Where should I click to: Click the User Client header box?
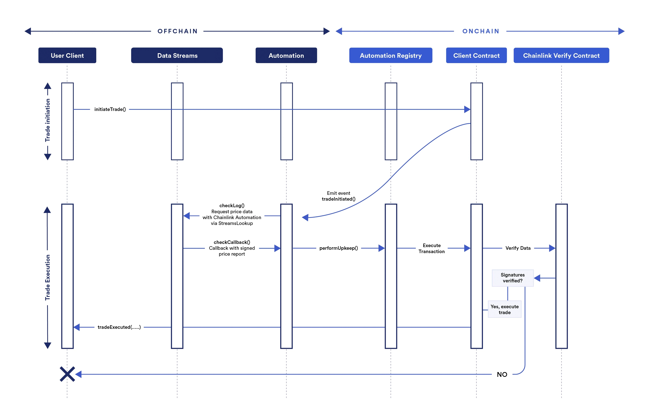(x=67, y=55)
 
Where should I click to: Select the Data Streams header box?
(x=177, y=55)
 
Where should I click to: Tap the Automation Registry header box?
(x=391, y=55)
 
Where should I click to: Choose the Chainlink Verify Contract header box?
(x=561, y=55)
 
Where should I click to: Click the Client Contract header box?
(x=476, y=55)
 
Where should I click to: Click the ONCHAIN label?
(x=481, y=31)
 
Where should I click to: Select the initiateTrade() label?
(x=110, y=109)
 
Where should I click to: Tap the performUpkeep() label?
(x=338, y=248)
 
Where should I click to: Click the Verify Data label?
(x=518, y=248)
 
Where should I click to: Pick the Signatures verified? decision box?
(x=512, y=278)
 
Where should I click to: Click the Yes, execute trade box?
(x=505, y=309)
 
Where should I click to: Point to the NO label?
(x=502, y=374)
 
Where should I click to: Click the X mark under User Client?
(x=67, y=374)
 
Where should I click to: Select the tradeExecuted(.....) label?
(x=119, y=327)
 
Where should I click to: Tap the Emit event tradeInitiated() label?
(x=338, y=196)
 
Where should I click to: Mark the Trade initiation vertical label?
(x=47, y=120)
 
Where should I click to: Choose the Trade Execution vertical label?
(x=47, y=277)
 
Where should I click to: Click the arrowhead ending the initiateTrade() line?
(x=467, y=109)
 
